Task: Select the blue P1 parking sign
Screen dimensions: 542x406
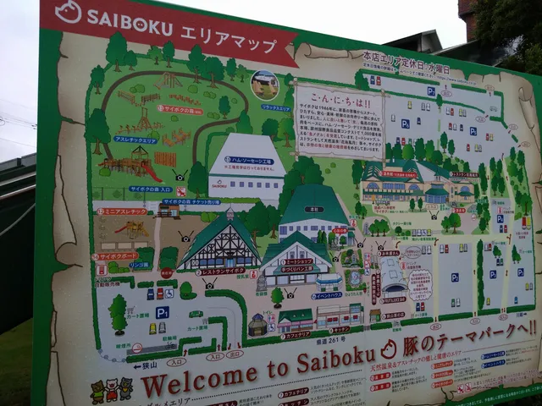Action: [x=162, y=312]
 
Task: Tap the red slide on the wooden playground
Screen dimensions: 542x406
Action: [x=151, y=171]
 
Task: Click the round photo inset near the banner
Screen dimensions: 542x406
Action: [x=264, y=85]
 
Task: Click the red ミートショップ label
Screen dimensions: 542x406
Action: [x=297, y=262]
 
